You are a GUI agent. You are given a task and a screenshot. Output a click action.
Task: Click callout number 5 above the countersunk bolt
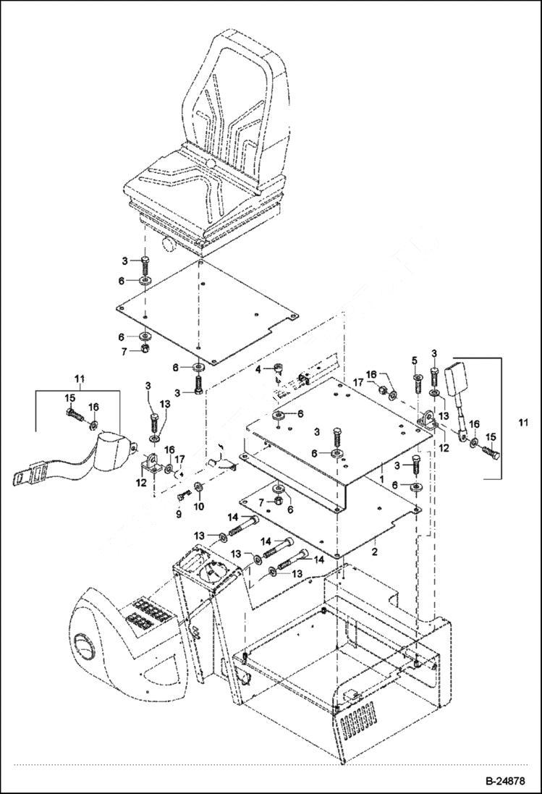[415, 360]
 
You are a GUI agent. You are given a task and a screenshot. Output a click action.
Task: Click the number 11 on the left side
[80, 378]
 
